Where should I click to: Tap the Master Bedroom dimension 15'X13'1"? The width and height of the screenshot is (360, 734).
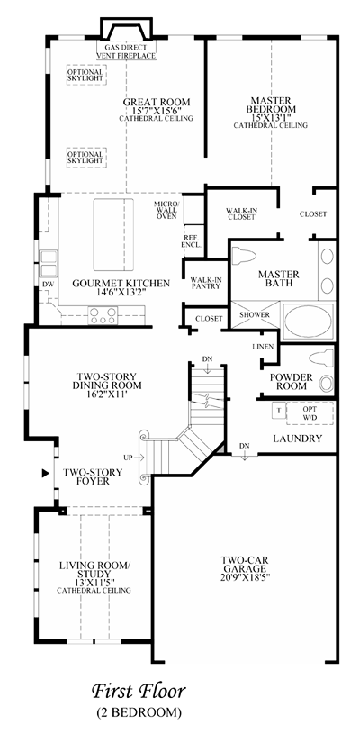271,117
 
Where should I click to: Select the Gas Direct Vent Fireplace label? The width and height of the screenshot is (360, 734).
126,51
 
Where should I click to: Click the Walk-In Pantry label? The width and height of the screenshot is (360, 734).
205,283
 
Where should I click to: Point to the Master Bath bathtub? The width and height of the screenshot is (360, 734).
309,321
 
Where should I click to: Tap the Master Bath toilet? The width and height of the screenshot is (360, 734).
244,256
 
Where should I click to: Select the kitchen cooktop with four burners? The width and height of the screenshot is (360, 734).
103,315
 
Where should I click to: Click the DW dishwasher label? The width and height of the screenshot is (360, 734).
48,285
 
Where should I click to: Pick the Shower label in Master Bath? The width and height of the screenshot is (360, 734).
255,314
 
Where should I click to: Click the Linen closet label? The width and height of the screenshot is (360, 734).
260,347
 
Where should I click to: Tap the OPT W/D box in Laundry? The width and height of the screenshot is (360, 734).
310,413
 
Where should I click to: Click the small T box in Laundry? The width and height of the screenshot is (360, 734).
279,411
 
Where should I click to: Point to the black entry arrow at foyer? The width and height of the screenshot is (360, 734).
45,473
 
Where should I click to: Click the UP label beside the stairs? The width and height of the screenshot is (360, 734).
128,457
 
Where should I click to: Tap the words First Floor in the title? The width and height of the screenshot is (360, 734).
139,691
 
